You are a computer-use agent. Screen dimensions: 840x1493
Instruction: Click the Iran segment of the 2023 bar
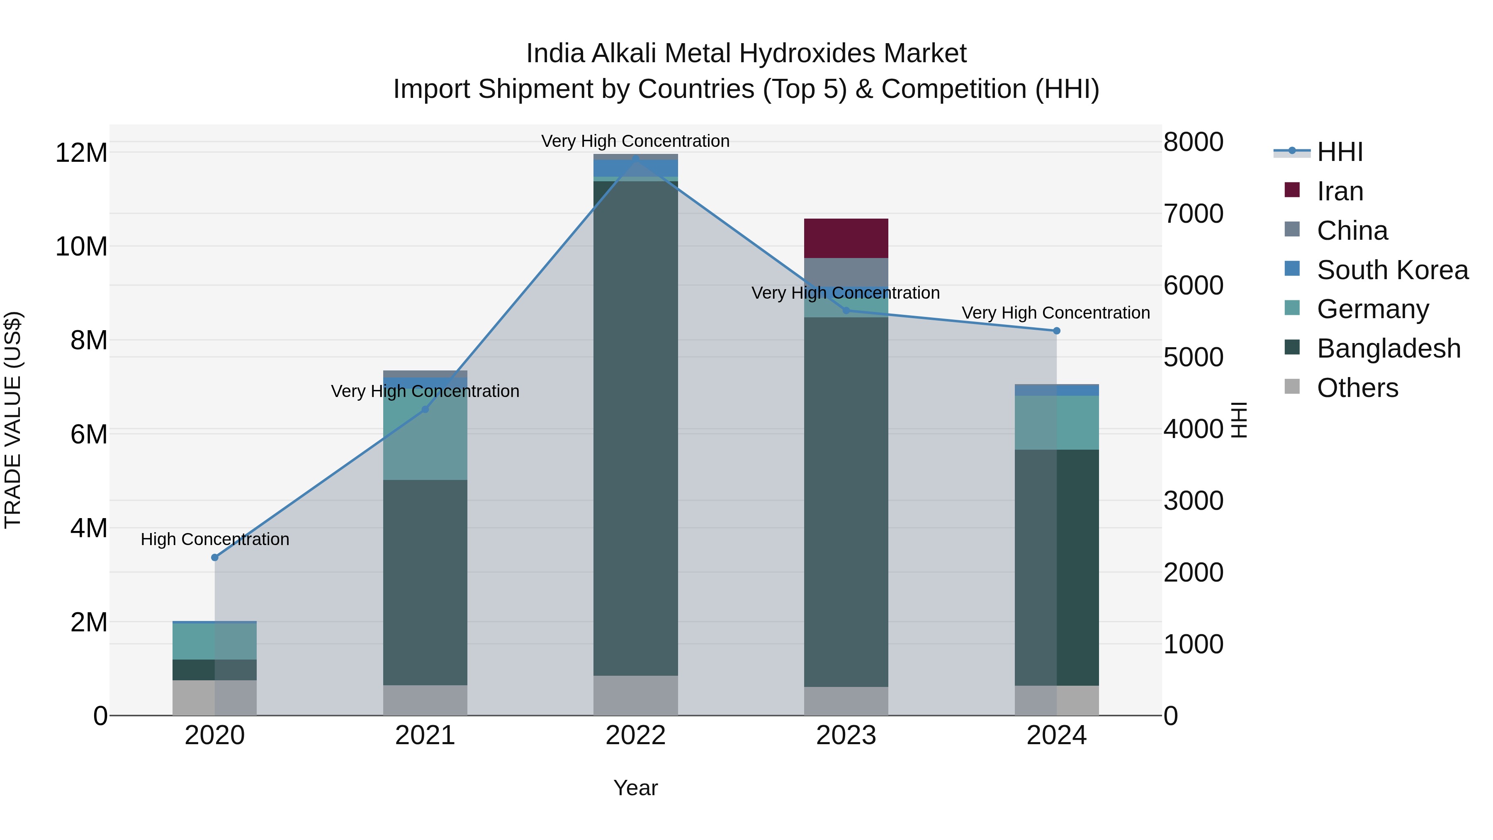[x=846, y=238]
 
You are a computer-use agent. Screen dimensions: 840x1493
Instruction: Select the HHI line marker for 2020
[x=214, y=557]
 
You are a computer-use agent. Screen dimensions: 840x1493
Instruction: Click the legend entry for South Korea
[x=1392, y=270]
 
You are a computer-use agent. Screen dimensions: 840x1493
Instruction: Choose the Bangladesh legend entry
[x=1388, y=348]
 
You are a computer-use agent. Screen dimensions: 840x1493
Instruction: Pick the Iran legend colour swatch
[x=1292, y=190]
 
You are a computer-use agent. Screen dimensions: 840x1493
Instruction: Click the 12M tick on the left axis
[x=81, y=153]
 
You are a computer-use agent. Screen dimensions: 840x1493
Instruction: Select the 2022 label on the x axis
[x=635, y=735]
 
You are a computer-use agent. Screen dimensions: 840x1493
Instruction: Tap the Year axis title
[x=635, y=788]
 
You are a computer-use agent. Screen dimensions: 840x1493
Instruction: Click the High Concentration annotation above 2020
[x=214, y=539]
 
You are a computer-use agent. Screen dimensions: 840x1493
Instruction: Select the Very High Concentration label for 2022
[x=635, y=141]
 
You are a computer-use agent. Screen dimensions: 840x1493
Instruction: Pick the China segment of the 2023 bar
[x=846, y=271]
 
